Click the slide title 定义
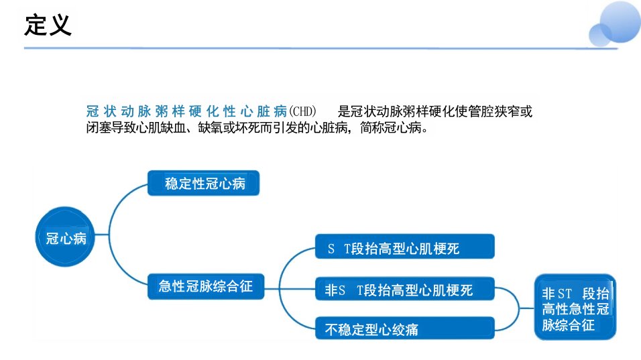click(x=48, y=25)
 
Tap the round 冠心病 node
click(x=65, y=237)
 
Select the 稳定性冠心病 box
click(x=204, y=183)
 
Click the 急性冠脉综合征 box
click(x=206, y=286)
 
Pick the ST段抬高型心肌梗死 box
click(x=405, y=247)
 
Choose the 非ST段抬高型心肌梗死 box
click(x=405, y=289)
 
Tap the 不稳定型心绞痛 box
click(x=405, y=328)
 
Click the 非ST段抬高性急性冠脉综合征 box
click(x=575, y=307)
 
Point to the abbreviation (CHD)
click(x=302, y=111)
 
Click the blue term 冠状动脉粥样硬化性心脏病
click(x=186, y=111)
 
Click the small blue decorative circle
click(x=600, y=35)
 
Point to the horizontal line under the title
click(x=321, y=48)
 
